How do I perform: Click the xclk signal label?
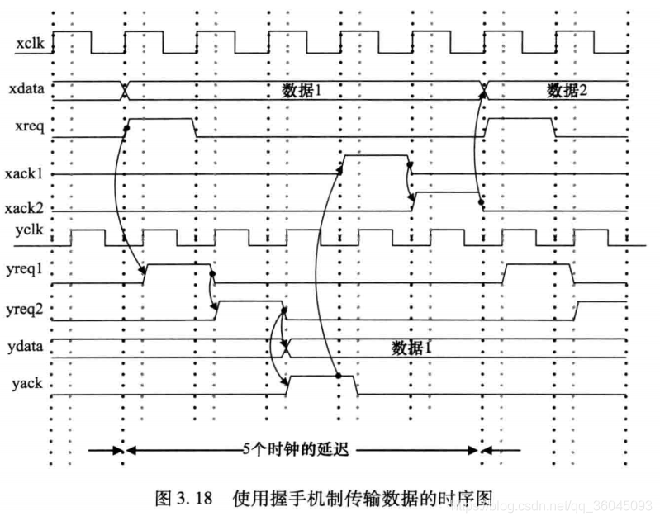click(x=31, y=45)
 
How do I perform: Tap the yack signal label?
click(x=30, y=384)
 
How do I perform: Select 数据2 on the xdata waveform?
click(x=566, y=90)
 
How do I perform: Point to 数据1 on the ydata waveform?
click(x=411, y=348)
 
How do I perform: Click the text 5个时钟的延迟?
click(x=296, y=449)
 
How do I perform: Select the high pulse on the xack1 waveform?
click(x=374, y=156)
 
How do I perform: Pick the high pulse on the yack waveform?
click(x=321, y=377)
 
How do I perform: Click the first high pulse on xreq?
click(x=160, y=120)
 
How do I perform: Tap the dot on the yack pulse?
click(x=339, y=376)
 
